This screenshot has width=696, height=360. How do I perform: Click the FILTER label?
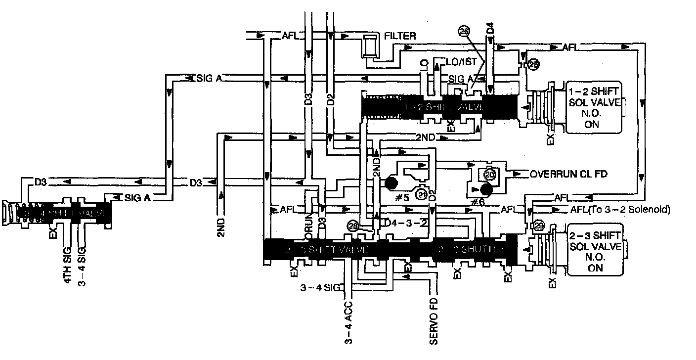coord(400,36)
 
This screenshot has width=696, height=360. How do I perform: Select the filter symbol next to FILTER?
coord(369,47)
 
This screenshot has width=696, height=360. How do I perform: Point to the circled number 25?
coord(533,64)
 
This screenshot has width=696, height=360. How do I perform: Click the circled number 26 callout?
coord(464,31)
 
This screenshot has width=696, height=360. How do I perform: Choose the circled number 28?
coord(352,225)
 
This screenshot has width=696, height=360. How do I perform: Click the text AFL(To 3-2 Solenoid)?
coord(620,210)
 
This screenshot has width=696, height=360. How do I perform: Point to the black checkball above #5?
coord(391,183)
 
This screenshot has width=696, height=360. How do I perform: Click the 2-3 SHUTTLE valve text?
coord(470,249)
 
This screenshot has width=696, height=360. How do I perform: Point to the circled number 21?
coord(422,194)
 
